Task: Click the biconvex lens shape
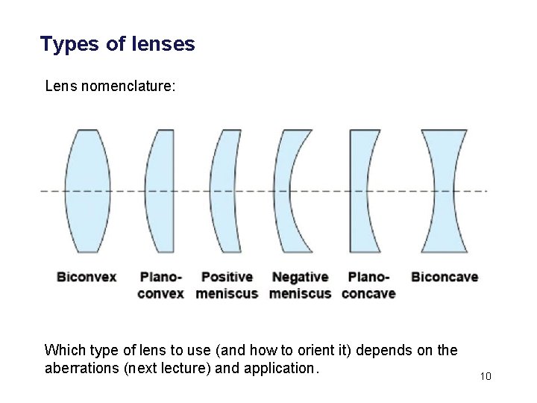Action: pyautogui.click(x=87, y=190)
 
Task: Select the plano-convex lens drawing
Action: pyautogui.click(x=160, y=190)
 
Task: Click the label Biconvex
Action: pyautogui.click(x=87, y=277)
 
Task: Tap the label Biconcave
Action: pyautogui.click(x=445, y=277)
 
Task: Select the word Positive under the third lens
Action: pyautogui.click(x=227, y=277)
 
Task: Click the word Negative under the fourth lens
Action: pyautogui.click(x=300, y=277)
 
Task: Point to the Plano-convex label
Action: pyautogui.click(x=160, y=285)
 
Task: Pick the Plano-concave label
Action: pyautogui.click(x=368, y=285)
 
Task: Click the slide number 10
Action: pyautogui.click(x=486, y=376)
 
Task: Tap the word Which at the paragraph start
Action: pyautogui.click(x=64, y=350)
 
